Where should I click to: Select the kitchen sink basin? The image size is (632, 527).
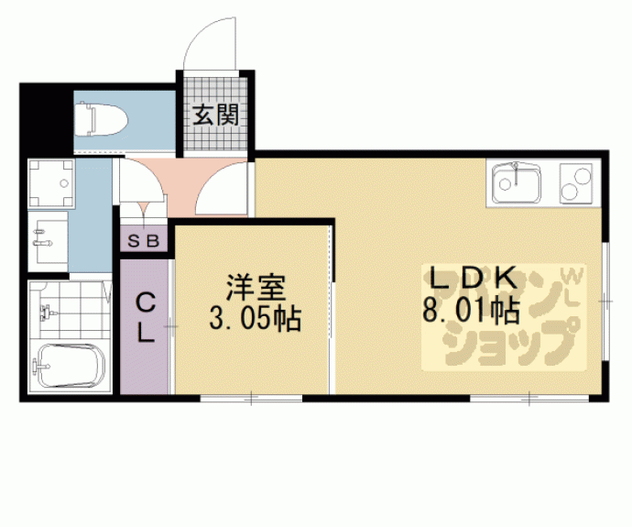click(518, 183)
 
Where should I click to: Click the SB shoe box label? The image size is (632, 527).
click(145, 242)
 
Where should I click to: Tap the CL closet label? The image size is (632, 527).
click(145, 317)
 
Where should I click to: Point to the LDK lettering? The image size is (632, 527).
click(471, 278)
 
